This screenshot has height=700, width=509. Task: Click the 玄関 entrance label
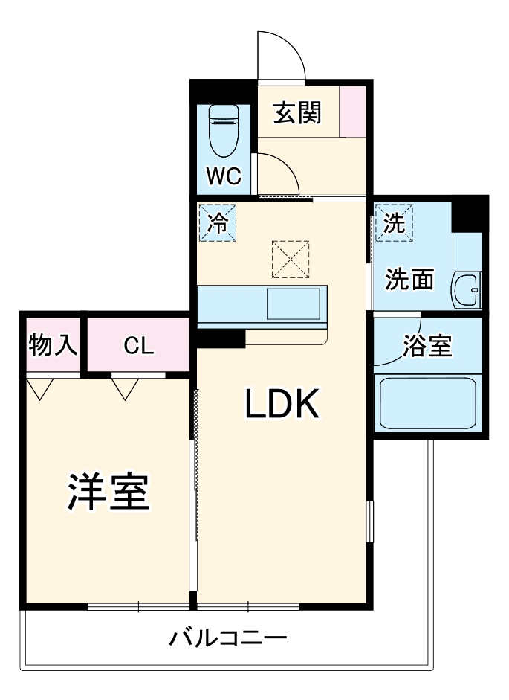297,113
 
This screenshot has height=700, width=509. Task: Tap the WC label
224,176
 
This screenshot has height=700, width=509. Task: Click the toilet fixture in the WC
223,127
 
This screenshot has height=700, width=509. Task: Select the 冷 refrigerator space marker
218,222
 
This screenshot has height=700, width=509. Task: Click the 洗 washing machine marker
395,222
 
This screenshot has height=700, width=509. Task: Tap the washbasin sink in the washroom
467,289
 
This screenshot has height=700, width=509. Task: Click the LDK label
282,404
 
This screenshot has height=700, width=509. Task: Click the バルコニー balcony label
227,638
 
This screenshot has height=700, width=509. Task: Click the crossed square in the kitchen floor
291,258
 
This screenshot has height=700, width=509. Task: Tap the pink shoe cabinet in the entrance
353,112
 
